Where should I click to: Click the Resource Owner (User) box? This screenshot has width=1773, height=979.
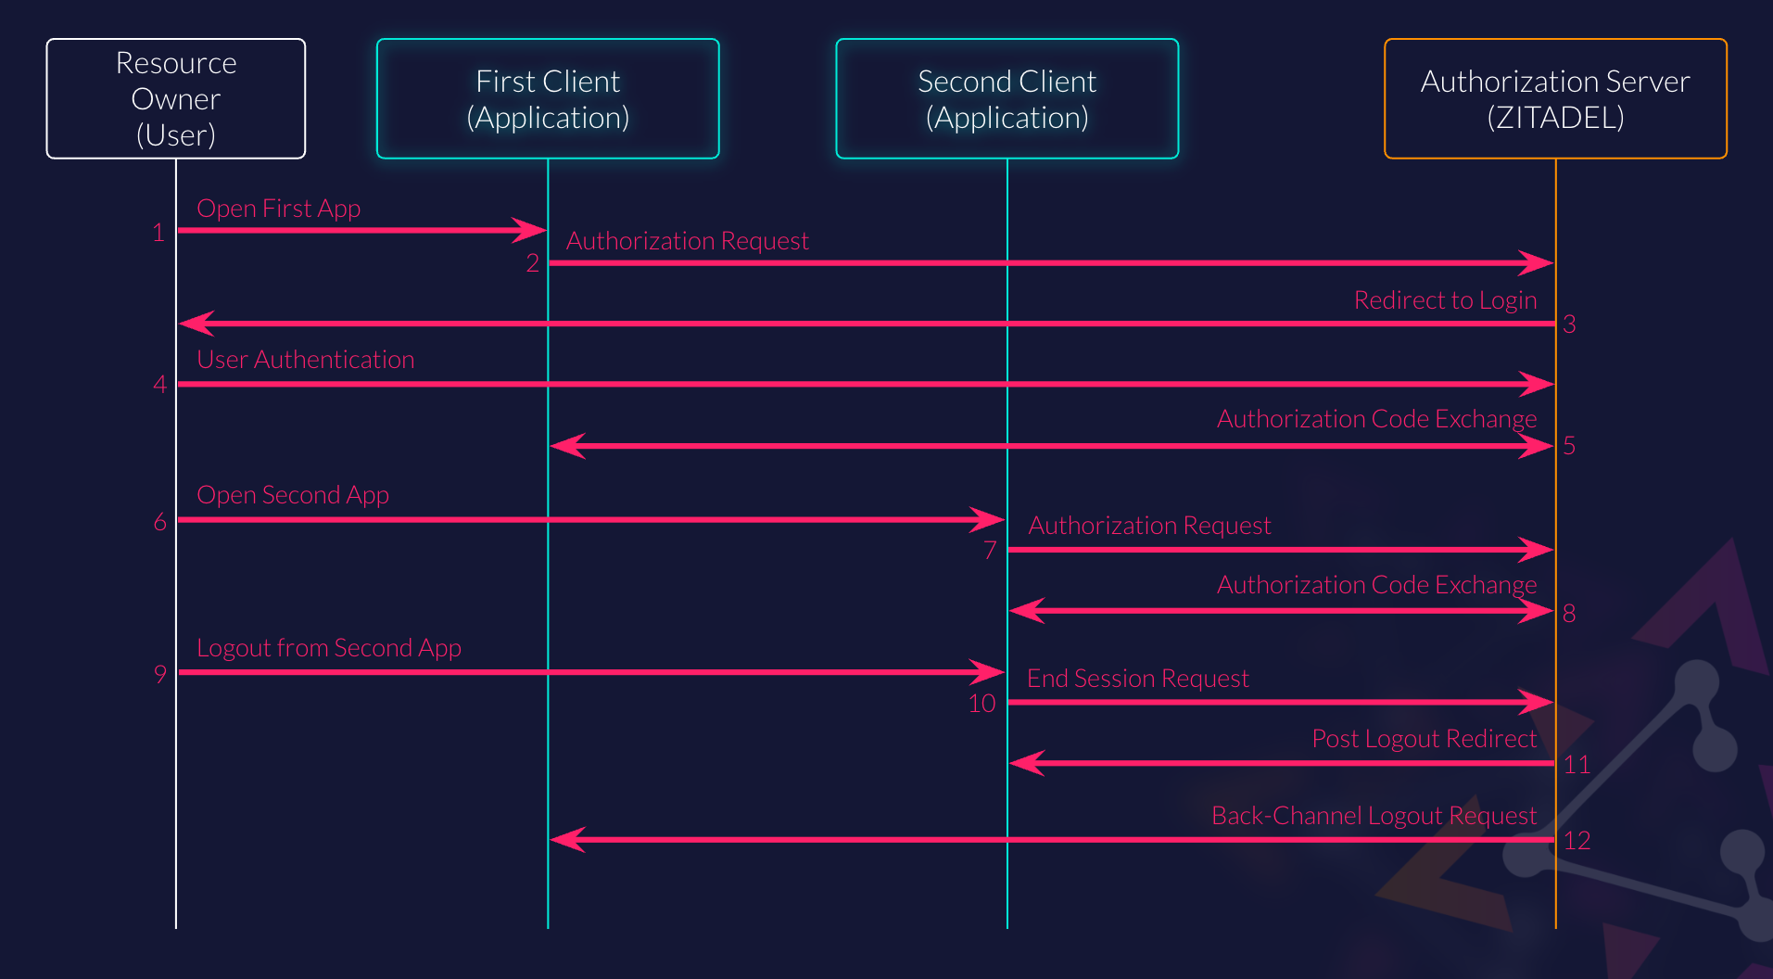[175, 98]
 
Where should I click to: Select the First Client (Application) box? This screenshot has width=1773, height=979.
[548, 98]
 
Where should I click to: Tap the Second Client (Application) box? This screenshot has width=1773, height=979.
[1007, 98]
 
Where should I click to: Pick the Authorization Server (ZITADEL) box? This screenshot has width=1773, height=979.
[1555, 98]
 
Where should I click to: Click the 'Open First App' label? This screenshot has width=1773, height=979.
[278, 209]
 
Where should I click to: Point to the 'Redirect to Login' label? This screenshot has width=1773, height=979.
[1445, 300]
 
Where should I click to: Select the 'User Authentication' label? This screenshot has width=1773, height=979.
[305, 360]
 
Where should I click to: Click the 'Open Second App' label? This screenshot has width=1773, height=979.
[293, 495]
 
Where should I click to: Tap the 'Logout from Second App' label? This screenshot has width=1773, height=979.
[329, 648]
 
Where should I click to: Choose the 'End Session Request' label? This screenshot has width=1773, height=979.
[1137, 679]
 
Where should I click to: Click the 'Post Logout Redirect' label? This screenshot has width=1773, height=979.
[1424, 739]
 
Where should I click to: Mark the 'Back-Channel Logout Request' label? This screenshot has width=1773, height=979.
[1374, 816]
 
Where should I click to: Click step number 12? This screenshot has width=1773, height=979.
[1577, 841]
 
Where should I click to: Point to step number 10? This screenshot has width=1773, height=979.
[981, 704]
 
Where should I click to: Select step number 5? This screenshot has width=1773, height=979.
[1569, 446]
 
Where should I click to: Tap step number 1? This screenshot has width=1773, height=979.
[158, 233]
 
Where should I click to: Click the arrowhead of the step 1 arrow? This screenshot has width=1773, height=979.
[532, 230]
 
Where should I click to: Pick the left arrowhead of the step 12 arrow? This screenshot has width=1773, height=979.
[565, 840]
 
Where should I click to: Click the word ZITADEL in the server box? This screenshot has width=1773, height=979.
[1555, 119]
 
